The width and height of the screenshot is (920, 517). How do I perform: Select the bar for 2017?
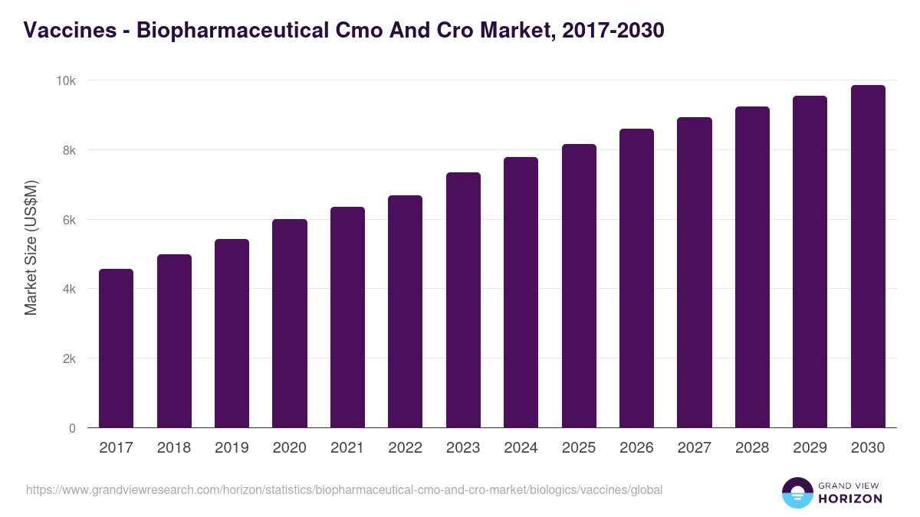[116, 348]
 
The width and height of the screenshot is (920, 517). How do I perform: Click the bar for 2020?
[289, 323]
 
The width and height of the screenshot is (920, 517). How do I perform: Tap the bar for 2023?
[463, 300]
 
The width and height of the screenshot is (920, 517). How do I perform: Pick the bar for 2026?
[636, 278]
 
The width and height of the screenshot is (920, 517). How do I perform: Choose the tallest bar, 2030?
[868, 257]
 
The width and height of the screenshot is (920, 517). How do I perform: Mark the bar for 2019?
[232, 333]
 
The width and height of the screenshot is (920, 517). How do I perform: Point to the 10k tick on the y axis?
[66, 80]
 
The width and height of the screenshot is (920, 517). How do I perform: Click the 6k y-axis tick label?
[68, 220]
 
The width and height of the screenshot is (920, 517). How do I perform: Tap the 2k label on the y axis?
[68, 358]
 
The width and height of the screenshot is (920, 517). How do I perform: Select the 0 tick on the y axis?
[72, 428]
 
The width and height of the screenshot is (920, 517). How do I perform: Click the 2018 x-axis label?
[174, 448]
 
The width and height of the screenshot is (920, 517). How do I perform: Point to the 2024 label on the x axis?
[521, 448]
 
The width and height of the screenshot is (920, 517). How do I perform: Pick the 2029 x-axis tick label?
[810, 448]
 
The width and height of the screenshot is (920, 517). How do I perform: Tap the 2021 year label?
[347, 448]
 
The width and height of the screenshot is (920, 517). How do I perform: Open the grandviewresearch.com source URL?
[344, 489]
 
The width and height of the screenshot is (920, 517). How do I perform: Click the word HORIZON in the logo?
[850, 499]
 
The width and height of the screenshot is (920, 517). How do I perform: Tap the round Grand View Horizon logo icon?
[797, 492]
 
